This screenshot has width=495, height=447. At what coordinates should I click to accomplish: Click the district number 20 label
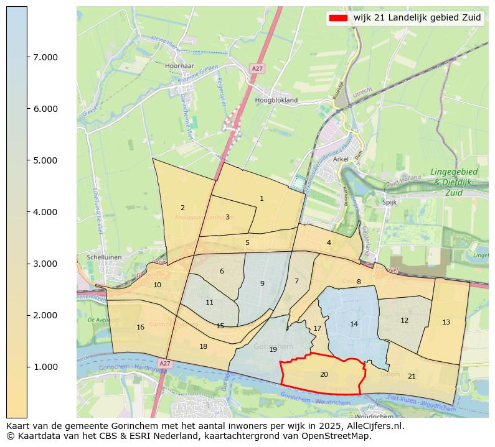tap(324, 374)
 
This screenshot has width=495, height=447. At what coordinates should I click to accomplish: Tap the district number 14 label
tap(354, 324)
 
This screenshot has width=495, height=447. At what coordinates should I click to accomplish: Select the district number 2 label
tap(182, 208)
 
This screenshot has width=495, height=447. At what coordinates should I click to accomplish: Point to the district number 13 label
tap(446, 322)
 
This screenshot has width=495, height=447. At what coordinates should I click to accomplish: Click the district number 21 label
tap(412, 376)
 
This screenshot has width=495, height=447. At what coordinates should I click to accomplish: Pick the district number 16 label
tap(141, 327)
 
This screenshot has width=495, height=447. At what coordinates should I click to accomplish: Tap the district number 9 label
tap(262, 283)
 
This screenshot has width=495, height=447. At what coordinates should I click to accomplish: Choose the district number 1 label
tap(262, 198)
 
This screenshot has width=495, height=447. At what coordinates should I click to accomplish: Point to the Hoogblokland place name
tap(276, 99)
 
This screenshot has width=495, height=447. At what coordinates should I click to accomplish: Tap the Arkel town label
tap(341, 159)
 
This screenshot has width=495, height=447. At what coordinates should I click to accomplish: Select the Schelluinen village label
tap(100, 257)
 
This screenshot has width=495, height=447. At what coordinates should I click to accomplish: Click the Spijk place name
tap(389, 202)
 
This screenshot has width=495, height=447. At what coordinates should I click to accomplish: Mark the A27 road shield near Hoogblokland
tap(257, 68)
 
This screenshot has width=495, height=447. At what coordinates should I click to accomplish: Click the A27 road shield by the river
tap(164, 363)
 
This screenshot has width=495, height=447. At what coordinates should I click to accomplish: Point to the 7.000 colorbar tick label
tap(45, 57)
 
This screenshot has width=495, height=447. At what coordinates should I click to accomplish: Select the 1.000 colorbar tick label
tap(45, 367)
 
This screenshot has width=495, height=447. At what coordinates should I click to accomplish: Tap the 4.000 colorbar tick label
tap(45, 212)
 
